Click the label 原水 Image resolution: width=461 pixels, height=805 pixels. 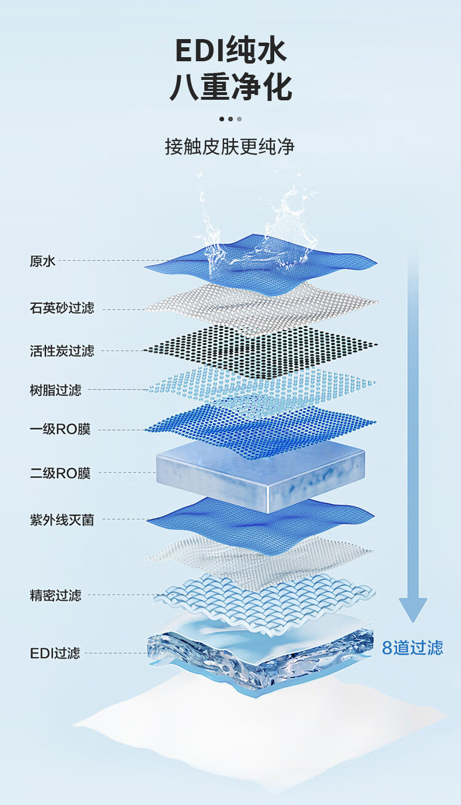tap(43, 261)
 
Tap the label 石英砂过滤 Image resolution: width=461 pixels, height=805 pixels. tap(62, 307)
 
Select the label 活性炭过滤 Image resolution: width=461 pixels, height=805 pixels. tap(62, 351)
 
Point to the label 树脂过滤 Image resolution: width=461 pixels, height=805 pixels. tap(55, 390)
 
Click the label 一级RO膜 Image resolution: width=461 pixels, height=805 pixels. tap(60, 430)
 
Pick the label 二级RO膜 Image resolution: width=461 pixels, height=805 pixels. tap(60, 473)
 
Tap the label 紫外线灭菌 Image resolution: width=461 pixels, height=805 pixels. tap(62, 519)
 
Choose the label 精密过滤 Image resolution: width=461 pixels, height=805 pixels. tap(55, 595)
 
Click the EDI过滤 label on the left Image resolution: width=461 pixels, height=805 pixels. tap(55, 653)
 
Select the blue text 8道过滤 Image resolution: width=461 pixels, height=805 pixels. tap(412, 647)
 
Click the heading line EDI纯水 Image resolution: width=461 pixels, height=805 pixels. tap(231, 50)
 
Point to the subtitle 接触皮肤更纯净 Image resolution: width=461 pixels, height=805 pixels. tap(230, 146)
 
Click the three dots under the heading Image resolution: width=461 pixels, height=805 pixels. tap(230, 119)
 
